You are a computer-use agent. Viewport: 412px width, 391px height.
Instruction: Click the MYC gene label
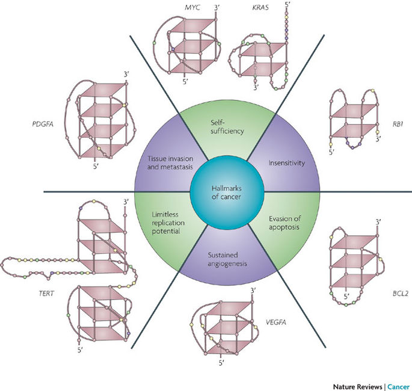tap(192, 7)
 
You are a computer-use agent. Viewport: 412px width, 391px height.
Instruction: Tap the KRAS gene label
tap(260, 7)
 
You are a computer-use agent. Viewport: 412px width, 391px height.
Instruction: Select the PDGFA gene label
tap(43, 124)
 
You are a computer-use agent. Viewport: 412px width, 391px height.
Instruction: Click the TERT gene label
tap(46, 293)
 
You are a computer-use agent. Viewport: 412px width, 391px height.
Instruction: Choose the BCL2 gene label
tap(401, 294)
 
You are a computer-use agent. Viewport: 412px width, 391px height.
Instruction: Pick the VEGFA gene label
tap(276, 322)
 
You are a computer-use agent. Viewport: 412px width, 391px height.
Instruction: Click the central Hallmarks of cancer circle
tap(227, 192)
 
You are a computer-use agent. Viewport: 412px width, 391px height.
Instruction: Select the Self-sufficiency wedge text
tap(227, 127)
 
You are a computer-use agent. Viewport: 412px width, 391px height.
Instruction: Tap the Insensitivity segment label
tap(287, 163)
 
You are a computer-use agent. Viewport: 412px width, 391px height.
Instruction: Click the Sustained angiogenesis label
tap(227, 259)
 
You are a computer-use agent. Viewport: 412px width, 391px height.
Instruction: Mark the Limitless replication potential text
tap(168, 223)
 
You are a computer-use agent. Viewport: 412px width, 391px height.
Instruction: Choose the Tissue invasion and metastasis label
tap(170, 162)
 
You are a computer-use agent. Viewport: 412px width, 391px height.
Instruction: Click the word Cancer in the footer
tap(399, 387)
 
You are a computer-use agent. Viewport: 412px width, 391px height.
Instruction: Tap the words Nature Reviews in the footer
tap(357, 387)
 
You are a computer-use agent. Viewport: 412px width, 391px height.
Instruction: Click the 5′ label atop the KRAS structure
tap(286, 4)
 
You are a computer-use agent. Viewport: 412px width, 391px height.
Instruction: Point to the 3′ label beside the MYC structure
tap(217, 7)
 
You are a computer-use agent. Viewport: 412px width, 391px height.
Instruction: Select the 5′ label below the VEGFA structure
tap(221, 363)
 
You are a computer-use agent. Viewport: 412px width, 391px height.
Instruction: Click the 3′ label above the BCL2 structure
tap(378, 223)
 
